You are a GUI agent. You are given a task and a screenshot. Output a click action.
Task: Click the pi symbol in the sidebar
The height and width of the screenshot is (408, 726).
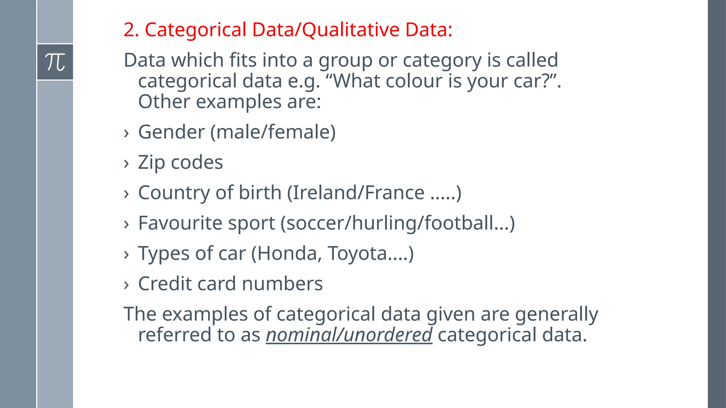click(55, 62)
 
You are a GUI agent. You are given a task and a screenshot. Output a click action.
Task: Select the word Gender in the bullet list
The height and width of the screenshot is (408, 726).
click(171, 132)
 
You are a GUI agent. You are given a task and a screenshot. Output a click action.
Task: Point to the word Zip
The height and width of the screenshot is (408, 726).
click(151, 163)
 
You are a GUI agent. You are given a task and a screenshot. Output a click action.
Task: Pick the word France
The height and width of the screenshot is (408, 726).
click(395, 193)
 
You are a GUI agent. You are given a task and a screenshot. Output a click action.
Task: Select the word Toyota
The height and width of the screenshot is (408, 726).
click(357, 254)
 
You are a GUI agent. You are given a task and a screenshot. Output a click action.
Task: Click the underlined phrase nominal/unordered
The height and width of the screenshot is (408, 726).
click(349, 335)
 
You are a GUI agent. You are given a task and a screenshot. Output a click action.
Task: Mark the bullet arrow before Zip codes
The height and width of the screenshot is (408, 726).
click(126, 164)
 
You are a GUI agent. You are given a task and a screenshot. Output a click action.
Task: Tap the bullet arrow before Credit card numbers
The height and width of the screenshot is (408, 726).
click(126, 285)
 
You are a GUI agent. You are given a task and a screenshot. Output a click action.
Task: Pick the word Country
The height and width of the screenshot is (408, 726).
click(174, 193)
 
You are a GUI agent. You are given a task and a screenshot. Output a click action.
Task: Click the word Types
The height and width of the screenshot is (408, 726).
click(163, 254)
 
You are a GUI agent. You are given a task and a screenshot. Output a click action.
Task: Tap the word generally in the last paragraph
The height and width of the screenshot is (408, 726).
click(556, 314)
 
